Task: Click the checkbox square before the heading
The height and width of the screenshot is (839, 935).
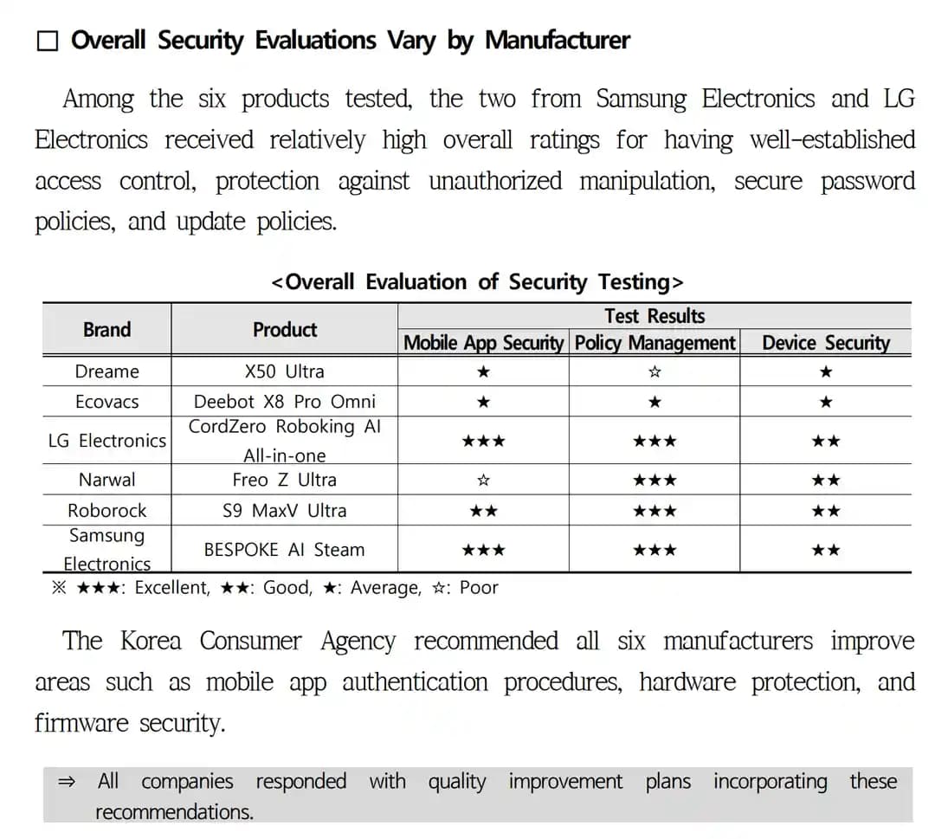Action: click(48, 42)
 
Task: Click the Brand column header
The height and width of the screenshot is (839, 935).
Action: click(107, 330)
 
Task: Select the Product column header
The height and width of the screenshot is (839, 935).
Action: click(285, 330)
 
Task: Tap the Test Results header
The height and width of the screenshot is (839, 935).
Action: click(654, 316)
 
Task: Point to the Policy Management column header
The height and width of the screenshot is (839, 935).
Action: click(654, 343)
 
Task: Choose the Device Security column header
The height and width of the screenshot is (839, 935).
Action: click(825, 343)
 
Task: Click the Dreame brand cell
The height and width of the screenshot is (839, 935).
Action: click(107, 371)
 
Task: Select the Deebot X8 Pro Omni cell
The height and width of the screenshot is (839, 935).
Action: click(285, 402)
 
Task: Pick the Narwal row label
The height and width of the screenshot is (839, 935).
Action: click(107, 480)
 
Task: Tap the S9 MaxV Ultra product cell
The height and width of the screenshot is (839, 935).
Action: click(285, 511)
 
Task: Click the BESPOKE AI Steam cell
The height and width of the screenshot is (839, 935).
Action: click(285, 550)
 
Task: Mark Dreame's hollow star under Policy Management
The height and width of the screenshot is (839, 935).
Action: click(655, 372)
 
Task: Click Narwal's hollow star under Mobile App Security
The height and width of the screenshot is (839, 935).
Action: click(484, 480)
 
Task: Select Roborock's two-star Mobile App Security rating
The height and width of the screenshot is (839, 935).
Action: click(484, 511)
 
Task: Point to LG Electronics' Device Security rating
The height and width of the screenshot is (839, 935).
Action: click(826, 442)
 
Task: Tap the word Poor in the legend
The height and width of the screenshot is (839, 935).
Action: click(479, 588)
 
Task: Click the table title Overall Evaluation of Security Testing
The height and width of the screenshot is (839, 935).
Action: click(477, 282)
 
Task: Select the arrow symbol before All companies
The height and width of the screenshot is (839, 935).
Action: click(67, 782)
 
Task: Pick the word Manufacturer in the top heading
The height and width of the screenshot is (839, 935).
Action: click(558, 41)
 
